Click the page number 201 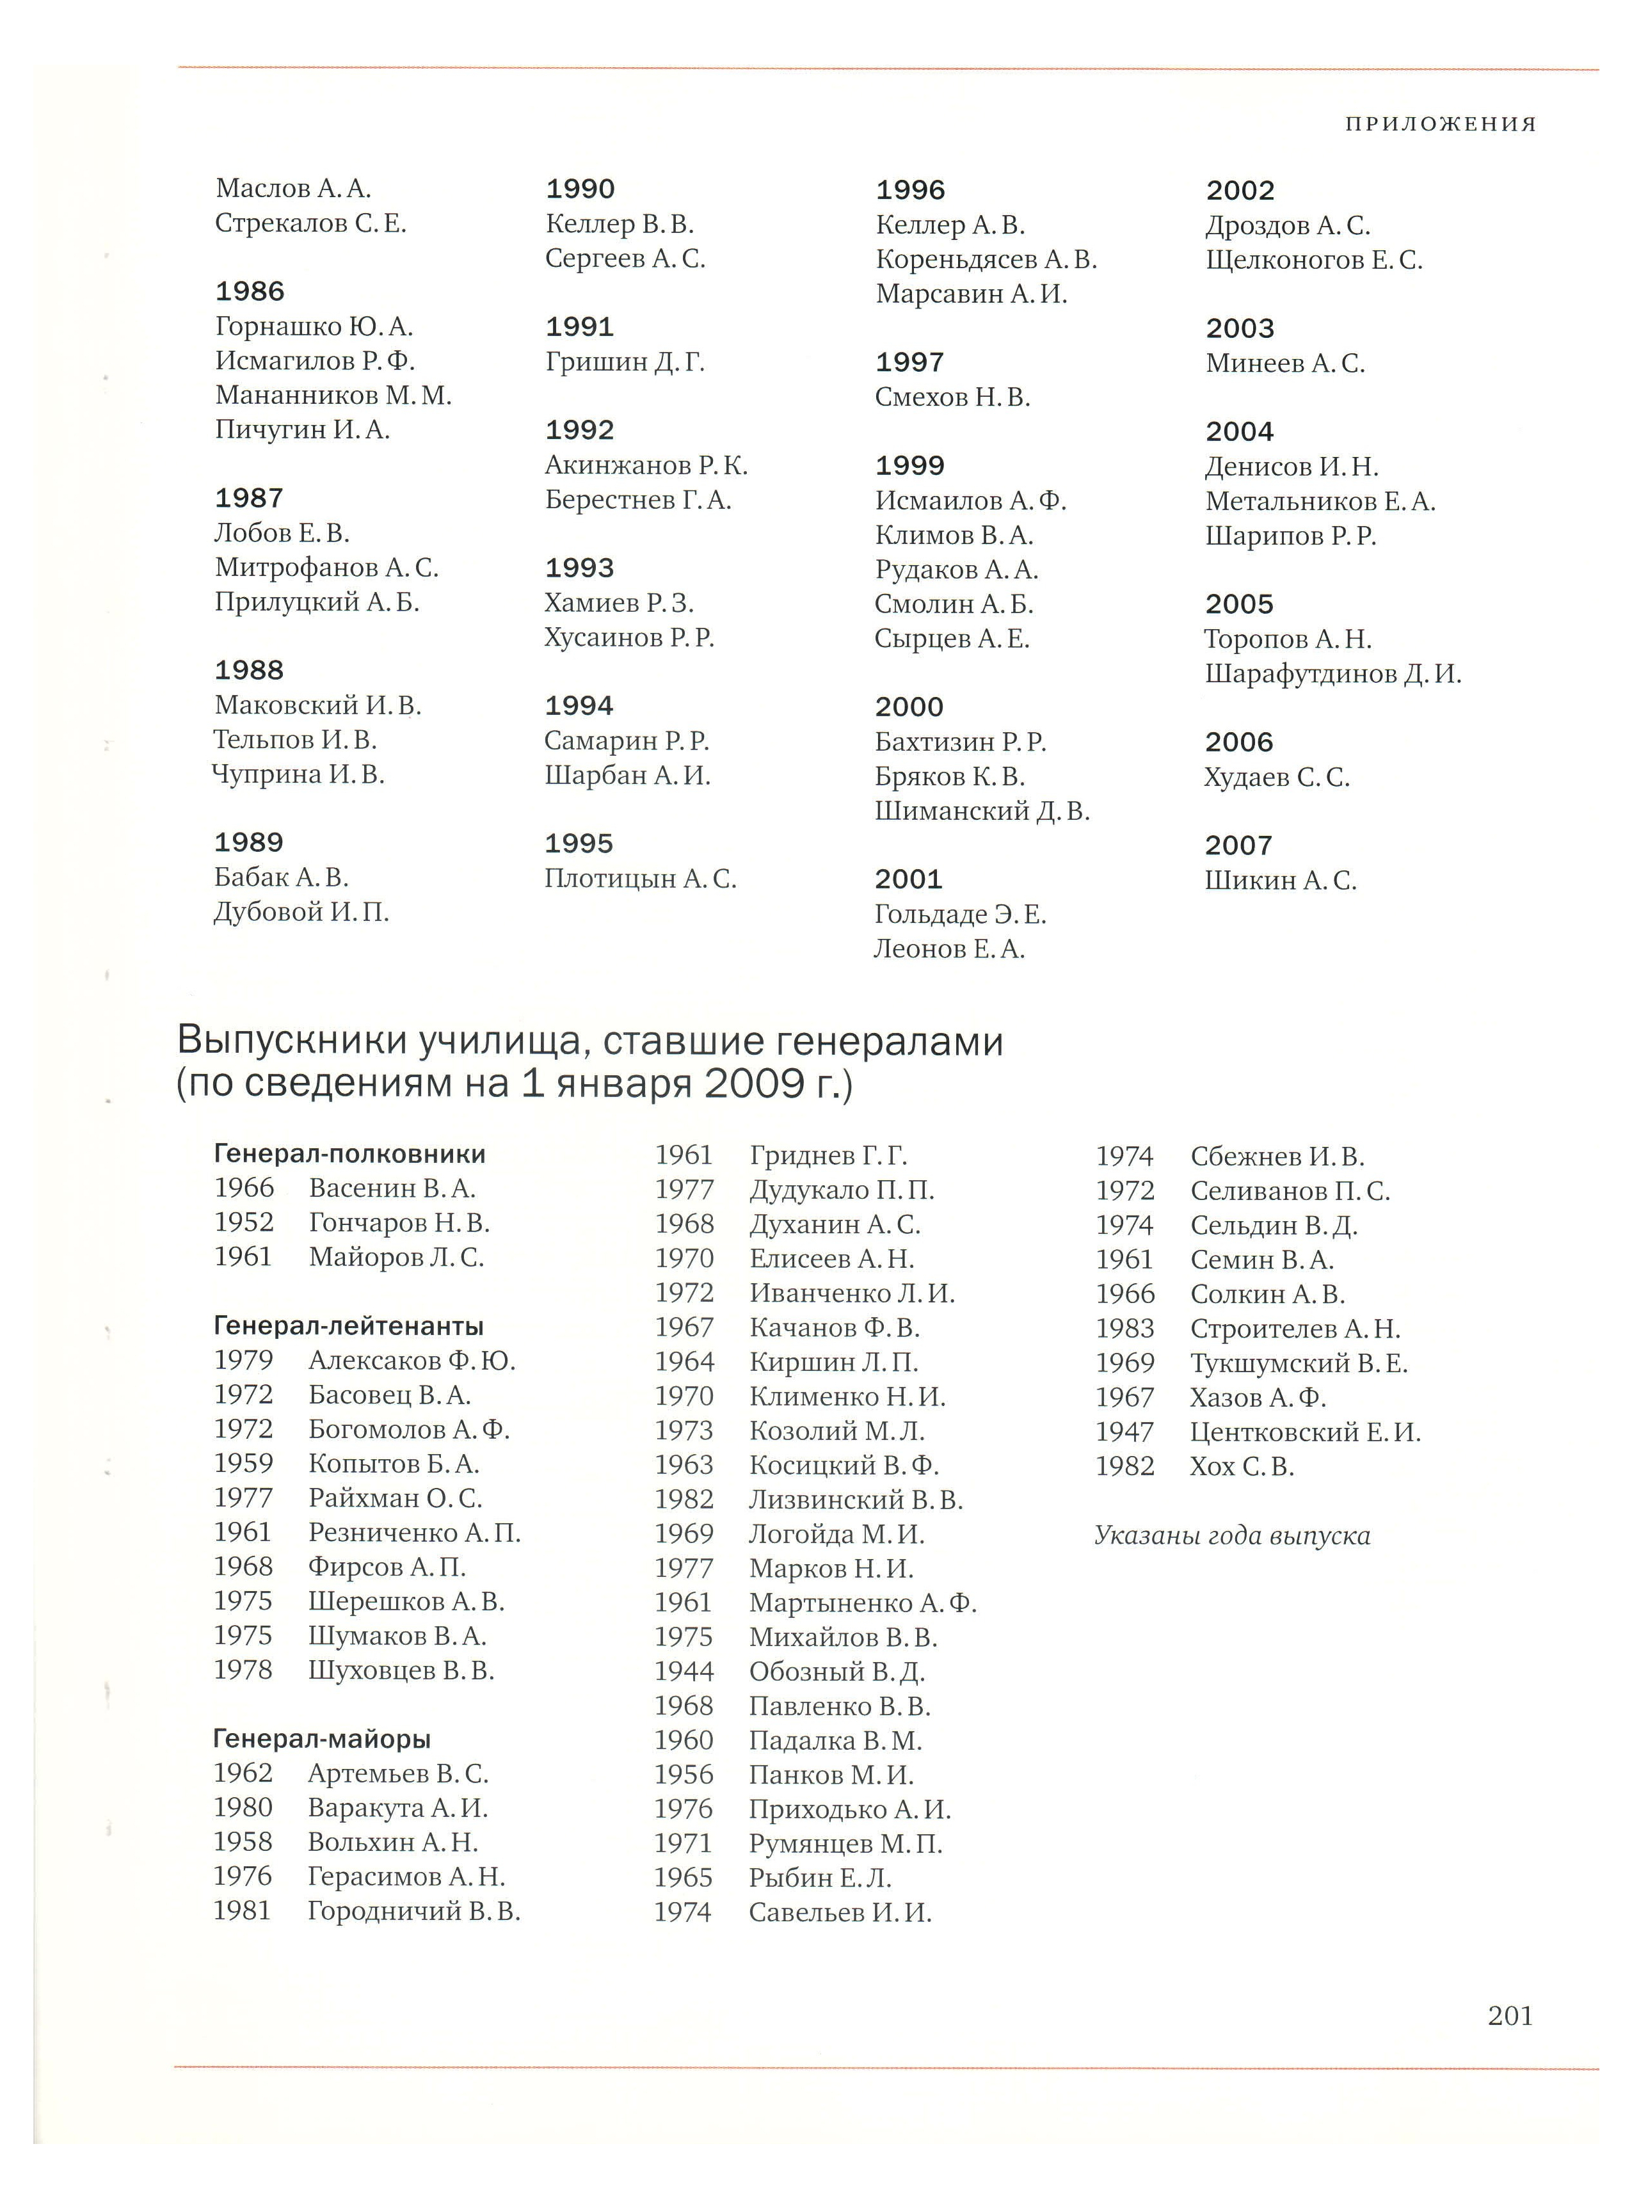[x=1510, y=2015]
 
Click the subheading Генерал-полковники [x=349, y=1154]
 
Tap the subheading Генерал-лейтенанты [x=349, y=1326]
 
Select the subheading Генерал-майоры [x=322, y=1739]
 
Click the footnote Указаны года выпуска [x=1232, y=1536]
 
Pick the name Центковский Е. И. [x=1305, y=1432]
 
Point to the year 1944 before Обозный [x=684, y=1672]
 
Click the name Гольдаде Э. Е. [x=960, y=915]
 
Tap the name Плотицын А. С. [x=640, y=879]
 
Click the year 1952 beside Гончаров [x=244, y=1223]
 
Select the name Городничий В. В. [x=414, y=1912]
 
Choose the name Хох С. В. [x=1242, y=1467]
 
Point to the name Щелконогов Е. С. [x=1314, y=261]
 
